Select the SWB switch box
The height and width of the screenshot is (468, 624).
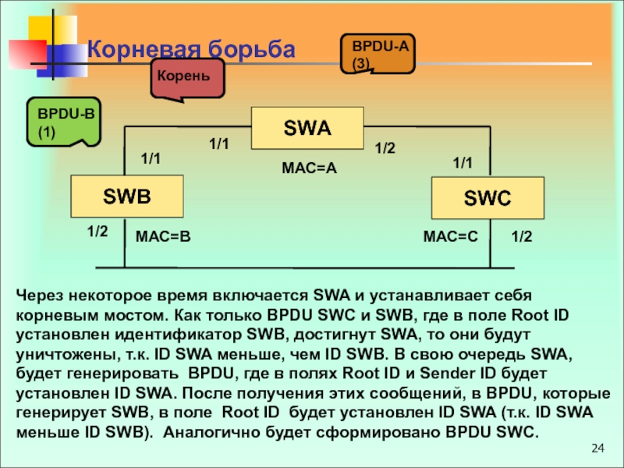(x=127, y=196)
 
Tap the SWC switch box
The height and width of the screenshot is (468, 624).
(x=487, y=198)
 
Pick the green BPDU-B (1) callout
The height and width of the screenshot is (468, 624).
(x=62, y=122)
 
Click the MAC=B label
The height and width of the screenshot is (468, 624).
(x=163, y=235)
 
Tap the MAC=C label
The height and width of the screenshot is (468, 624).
(x=450, y=235)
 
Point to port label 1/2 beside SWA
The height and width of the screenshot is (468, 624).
(x=385, y=147)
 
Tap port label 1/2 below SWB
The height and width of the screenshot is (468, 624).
(x=97, y=232)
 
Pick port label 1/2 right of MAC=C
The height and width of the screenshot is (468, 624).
(x=521, y=235)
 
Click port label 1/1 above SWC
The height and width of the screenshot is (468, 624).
(x=463, y=163)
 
